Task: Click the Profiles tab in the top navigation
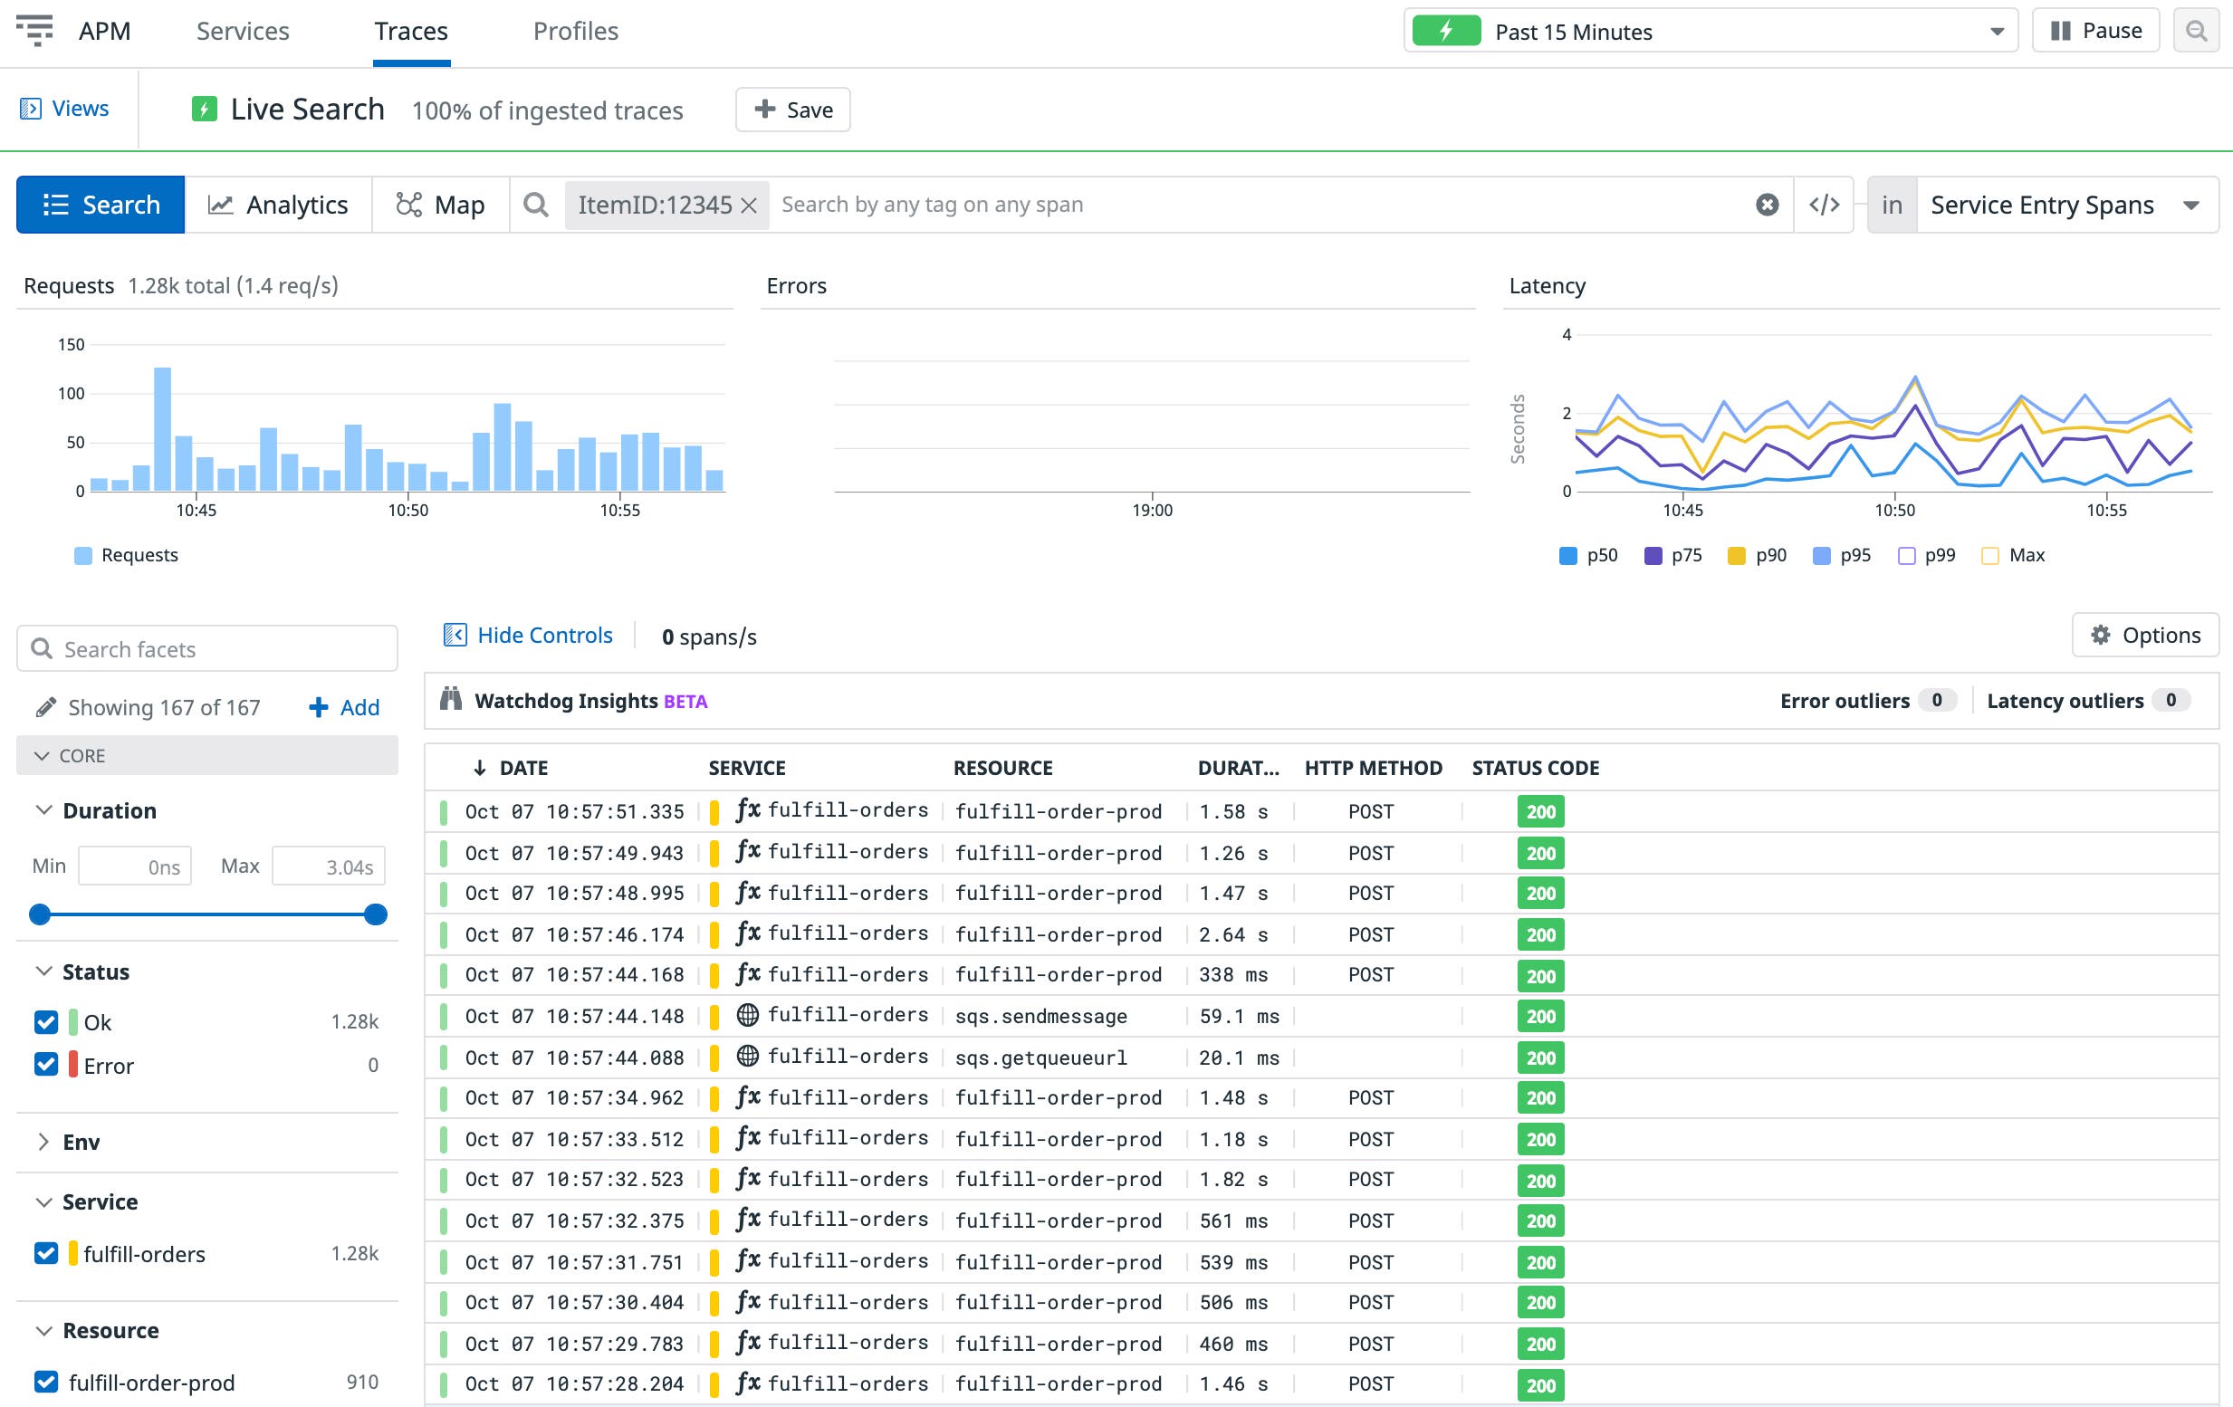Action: coord(575,32)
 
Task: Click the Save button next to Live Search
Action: coord(793,110)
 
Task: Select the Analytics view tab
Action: coord(278,205)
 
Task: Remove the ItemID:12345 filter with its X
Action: coord(749,205)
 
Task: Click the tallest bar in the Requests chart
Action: coord(162,428)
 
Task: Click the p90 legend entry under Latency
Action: coord(1759,556)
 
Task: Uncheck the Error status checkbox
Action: coord(46,1065)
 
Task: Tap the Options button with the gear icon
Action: coord(2145,636)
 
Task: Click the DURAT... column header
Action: coord(1238,768)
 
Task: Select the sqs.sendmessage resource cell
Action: coord(1040,1017)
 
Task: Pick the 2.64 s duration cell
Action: coord(1232,935)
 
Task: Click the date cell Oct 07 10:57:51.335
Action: coord(574,811)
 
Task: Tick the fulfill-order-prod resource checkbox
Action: coord(46,1382)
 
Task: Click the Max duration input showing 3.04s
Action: coord(329,866)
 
